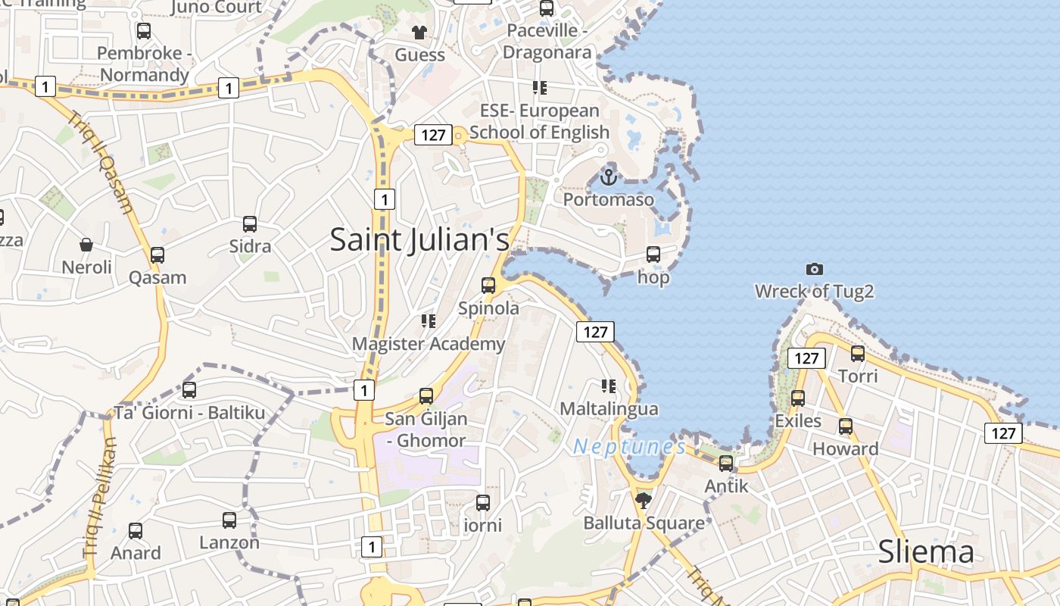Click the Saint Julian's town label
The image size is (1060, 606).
[x=419, y=239]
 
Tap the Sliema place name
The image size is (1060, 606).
[x=925, y=552]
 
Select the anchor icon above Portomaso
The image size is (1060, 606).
[x=608, y=177]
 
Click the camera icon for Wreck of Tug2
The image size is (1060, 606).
[x=815, y=269]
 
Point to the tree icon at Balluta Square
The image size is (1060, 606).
[x=644, y=500]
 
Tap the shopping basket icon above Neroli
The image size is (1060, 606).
[x=86, y=245]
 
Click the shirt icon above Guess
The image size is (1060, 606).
[x=419, y=32]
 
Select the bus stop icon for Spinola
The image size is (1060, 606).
[x=488, y=286]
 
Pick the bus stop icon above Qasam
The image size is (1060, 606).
[x=157, y=255]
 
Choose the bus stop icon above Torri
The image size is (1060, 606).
[x=858, y=354]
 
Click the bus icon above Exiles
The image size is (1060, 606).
[x=797, y=398]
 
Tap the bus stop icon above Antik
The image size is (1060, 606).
[x=726, y=464]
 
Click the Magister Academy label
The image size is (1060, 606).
[x=429, y=344]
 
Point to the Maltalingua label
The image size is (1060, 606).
[x=609, y=409]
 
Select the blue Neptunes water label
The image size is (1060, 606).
[x=630, y=447]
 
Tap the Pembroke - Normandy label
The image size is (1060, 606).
[x=144, y=64]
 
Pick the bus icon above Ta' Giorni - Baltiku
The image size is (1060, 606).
[x=189, y=390]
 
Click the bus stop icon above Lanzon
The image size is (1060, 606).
[x=229, y=520]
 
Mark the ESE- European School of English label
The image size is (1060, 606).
[x=539, y=121]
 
